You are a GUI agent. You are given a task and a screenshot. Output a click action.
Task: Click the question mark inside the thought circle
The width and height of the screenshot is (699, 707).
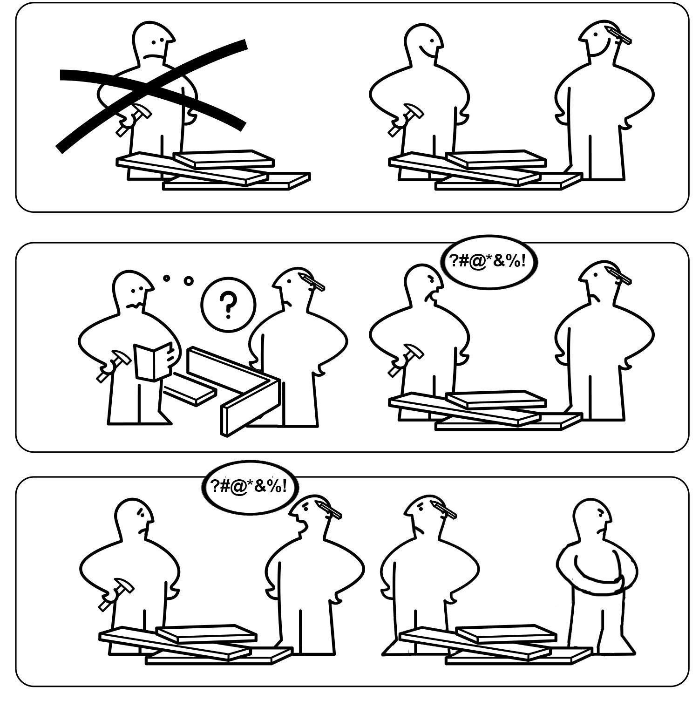[228, 304]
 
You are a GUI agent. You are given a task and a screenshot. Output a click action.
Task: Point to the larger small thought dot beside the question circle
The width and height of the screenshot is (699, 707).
[188, 280]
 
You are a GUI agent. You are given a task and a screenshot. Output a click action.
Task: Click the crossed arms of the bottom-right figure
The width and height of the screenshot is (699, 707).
[598, 580]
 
